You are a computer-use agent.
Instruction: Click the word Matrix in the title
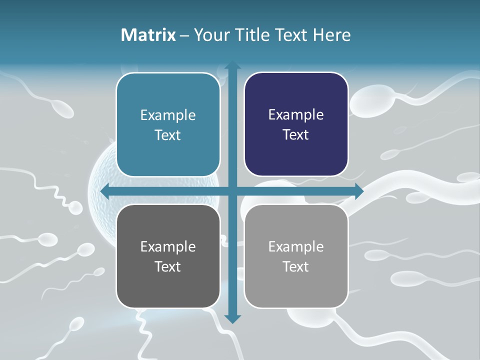tap(148, 35)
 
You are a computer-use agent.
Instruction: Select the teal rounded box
tap(168, 124)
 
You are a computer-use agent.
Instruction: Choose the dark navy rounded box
tap(296, 124)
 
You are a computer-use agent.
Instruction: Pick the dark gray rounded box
tap(168, 256)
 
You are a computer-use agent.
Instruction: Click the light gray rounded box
tap(296, 256)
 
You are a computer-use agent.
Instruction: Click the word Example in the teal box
tap(168, 115)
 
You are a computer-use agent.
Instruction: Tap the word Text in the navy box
tap(296, 135)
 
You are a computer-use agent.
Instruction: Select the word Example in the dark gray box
tap(168, 246)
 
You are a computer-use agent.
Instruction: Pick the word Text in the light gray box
tap(296, 266)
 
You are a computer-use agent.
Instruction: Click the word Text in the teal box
tap(168, 135)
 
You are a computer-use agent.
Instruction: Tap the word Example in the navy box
tap(296, 115)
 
